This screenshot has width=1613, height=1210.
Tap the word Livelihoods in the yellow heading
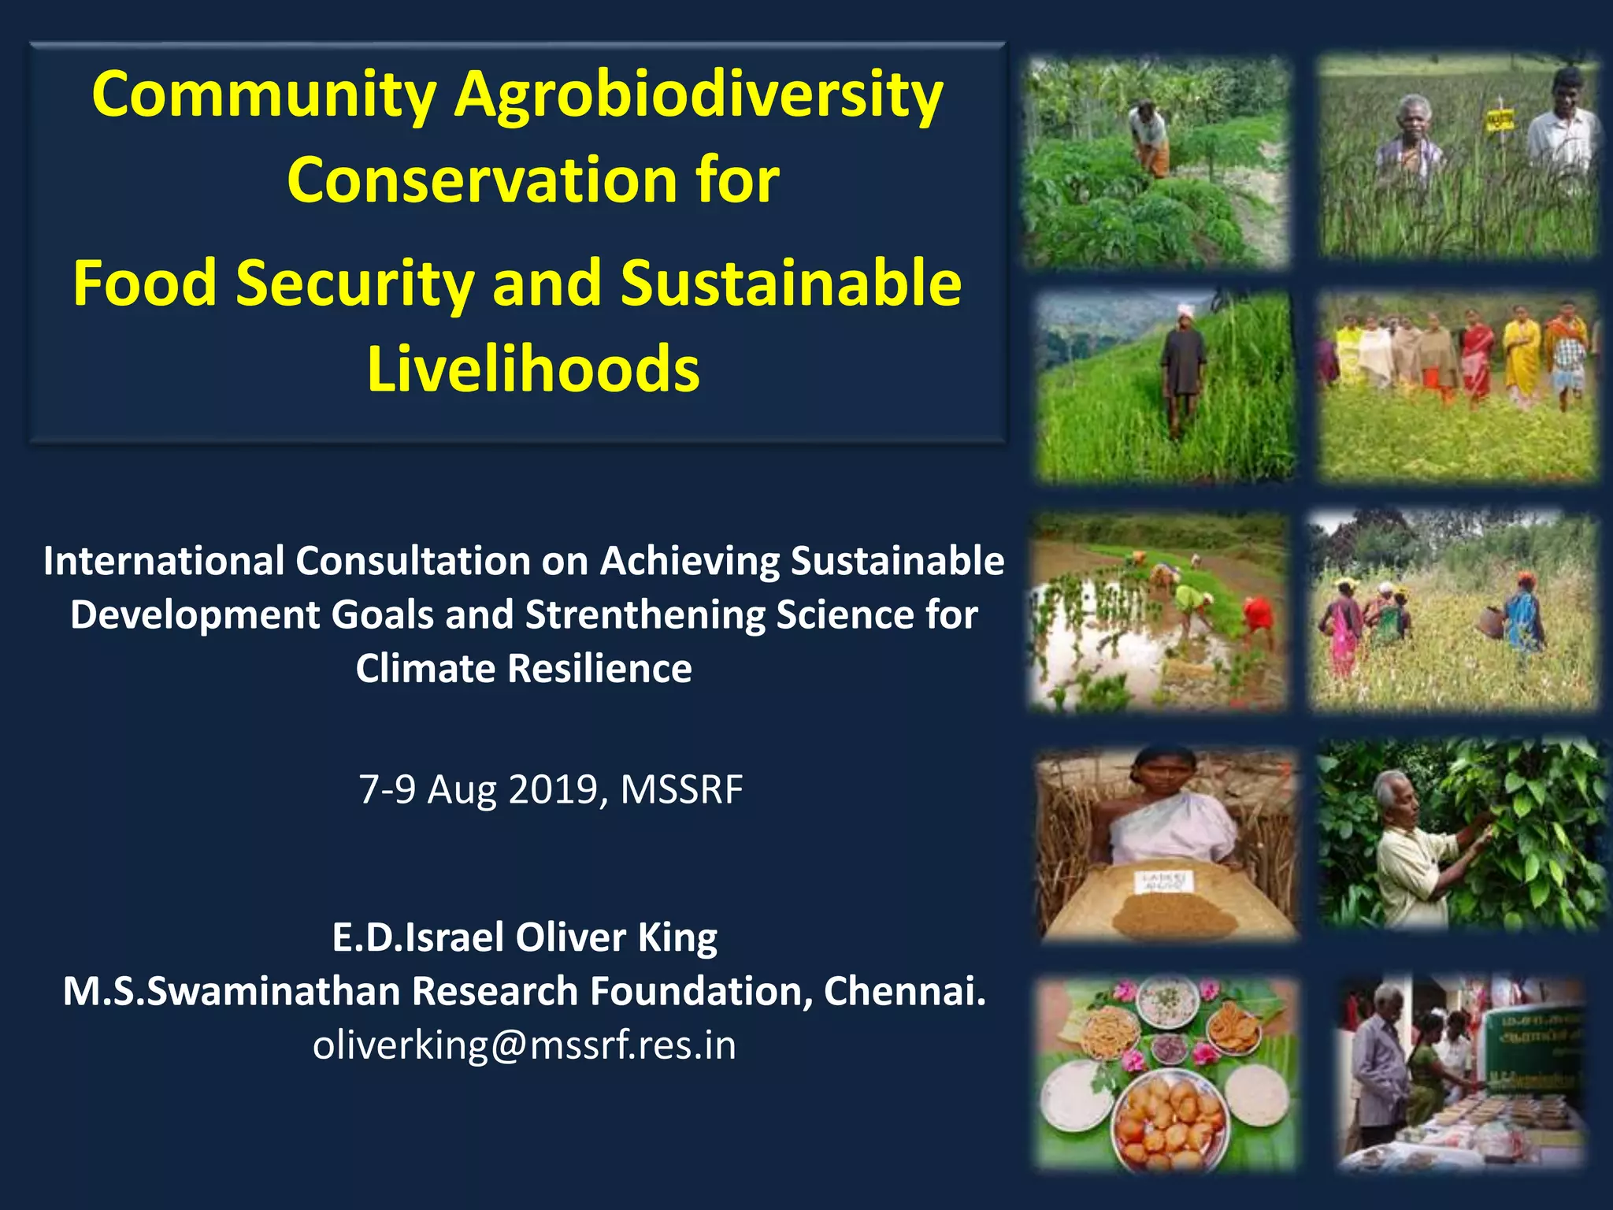tap(533, 369)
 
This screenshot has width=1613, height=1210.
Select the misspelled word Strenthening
tap(644, 615)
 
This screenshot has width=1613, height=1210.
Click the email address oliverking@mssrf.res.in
tap(525, 1045)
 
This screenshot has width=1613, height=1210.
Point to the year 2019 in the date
tap(554, 789)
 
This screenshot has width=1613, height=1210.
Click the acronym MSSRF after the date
tap(681, 789)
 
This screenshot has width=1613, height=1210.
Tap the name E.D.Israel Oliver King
tap(525, 937)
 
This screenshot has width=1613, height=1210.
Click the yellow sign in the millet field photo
tap(1500, 121)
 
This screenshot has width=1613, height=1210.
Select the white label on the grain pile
tap(1163, 881)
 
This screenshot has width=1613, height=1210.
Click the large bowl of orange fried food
tap(1170, 1119)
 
